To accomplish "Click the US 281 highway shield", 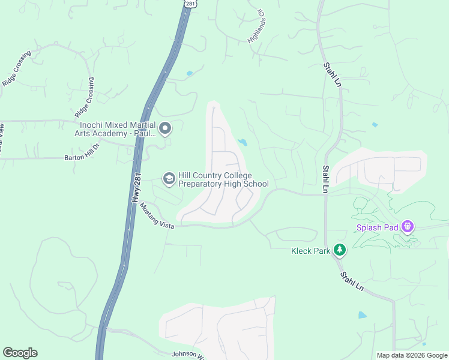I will [190, 4].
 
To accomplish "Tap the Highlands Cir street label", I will [256, 26].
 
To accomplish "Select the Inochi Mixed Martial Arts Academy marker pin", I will [164, 128].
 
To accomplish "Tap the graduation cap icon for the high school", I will [169, 178].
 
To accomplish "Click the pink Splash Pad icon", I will [408, 227].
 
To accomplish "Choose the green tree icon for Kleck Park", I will [340, 250].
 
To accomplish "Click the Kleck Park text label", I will [310, 251].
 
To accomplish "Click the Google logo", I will [20, 353].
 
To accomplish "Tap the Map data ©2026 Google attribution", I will [412, 355].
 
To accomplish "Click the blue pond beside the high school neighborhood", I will [243, 142].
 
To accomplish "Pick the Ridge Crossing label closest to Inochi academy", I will [85, 98].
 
